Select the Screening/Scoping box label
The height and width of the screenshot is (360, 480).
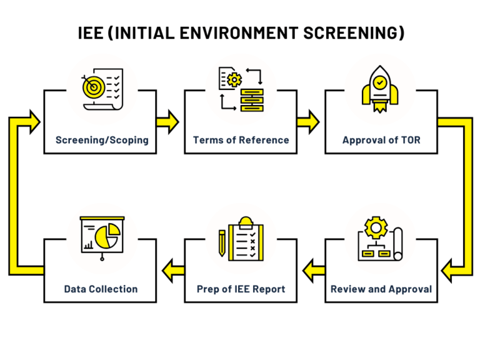[x=102, y=140]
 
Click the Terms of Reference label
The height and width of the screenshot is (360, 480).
[x=241, y=140]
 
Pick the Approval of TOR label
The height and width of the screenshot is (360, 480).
[x=381, y=140]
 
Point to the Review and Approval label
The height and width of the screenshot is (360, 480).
[x=381, y=289]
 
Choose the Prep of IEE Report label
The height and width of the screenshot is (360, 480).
[x=241, y=289]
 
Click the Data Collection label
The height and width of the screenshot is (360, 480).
[x=101, y=289]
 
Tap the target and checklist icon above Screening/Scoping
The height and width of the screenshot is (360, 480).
[x=101, y=91]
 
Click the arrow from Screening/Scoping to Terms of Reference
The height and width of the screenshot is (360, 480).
[x=167, y=121]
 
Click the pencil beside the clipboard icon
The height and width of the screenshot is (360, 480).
[x=222, y=244]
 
